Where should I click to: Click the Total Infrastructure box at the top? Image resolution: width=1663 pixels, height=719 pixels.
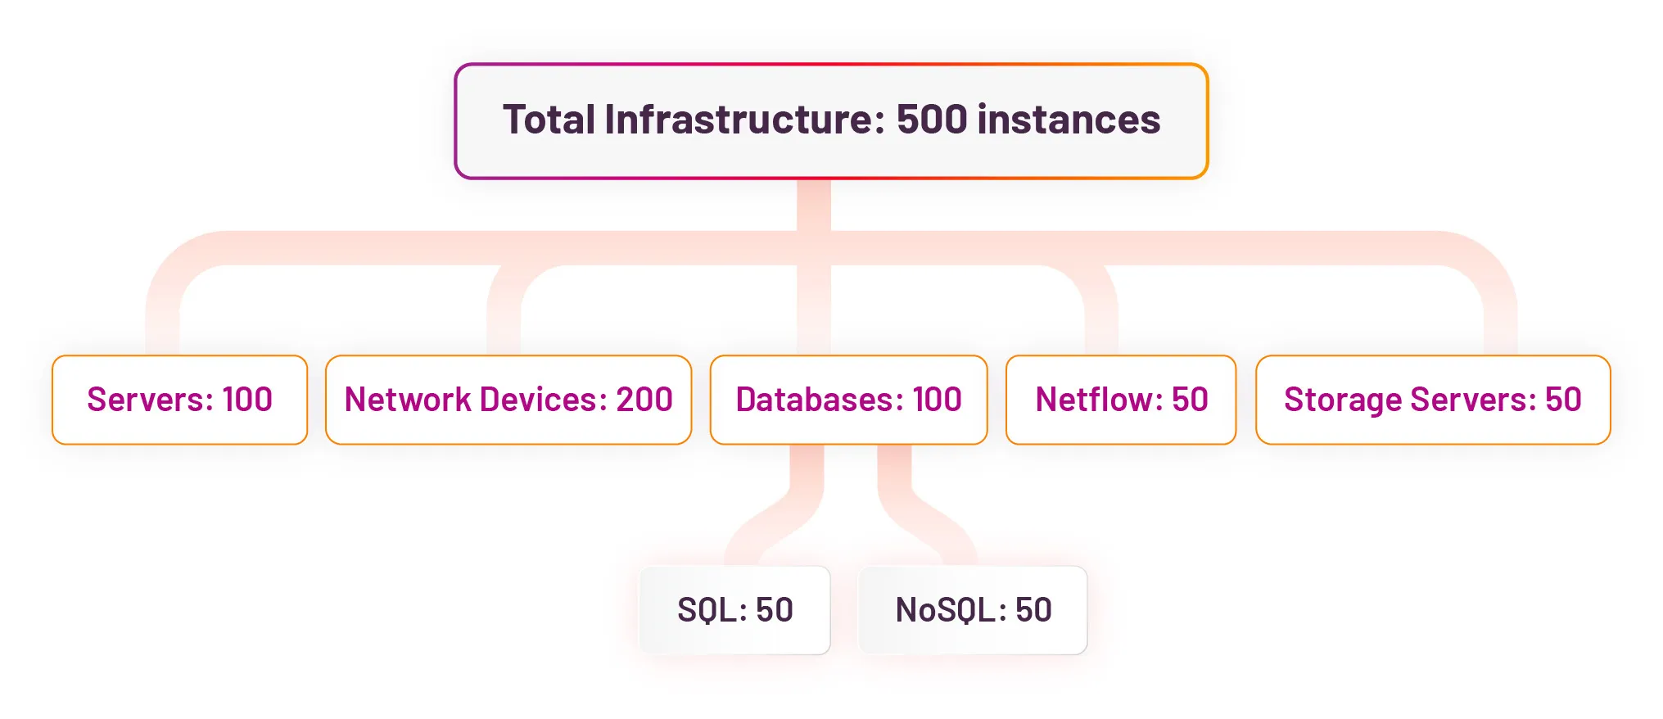831,120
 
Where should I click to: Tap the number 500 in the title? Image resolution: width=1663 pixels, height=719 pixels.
932,120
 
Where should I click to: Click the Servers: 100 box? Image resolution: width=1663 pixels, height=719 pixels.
179,400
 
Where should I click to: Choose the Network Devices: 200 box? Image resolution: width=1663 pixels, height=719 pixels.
508,400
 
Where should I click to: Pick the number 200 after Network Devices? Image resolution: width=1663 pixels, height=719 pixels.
644,400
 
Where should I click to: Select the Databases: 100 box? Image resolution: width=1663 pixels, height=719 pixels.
848,400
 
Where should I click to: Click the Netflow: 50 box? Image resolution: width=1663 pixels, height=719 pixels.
1121,400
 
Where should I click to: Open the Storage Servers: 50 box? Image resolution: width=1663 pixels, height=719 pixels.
1433,400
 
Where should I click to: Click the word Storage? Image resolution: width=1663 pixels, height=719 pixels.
1343,400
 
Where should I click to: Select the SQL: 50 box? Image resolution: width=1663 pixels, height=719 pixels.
734,610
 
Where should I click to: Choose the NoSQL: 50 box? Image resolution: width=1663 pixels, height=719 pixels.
973,610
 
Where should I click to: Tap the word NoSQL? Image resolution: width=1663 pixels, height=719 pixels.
951,610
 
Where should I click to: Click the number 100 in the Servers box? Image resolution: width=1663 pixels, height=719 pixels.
247,400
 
